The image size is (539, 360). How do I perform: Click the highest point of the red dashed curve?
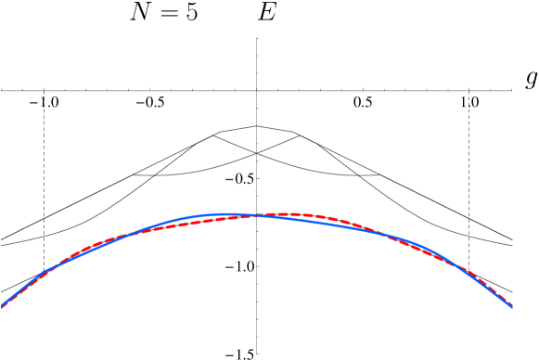pyautogui.click(x=295, y=214)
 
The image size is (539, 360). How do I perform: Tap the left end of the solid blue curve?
pyautogui.click(x=2, y=304)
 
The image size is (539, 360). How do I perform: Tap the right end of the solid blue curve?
pyautogui.click(x=512, y=306)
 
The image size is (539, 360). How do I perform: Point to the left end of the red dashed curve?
pyautogui.click(x=2, y=308)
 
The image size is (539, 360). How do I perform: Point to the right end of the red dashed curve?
pyautogui.click(x=512, y=308)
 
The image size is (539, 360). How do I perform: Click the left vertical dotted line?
pyautogui.click(x=44, y=176)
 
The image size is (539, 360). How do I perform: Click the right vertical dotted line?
pyautogui.click(x=468, y=176)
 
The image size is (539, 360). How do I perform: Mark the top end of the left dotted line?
pyautogui.click(x=44, y=91)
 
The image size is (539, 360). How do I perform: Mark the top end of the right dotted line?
pyautogui.click(x=468, y=91)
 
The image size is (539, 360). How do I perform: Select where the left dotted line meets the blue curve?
pyautogui.click(x=44, y=271)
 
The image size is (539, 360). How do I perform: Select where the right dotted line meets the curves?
pyautogui.click(x=468, y=273)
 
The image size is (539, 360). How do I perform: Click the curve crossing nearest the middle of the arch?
pyautogui.click(x=258, y=215)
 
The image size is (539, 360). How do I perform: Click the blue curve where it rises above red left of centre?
pyautogui.click(x=186, y=219)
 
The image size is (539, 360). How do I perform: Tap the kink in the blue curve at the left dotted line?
pyautogui.click(x=45, y=271)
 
